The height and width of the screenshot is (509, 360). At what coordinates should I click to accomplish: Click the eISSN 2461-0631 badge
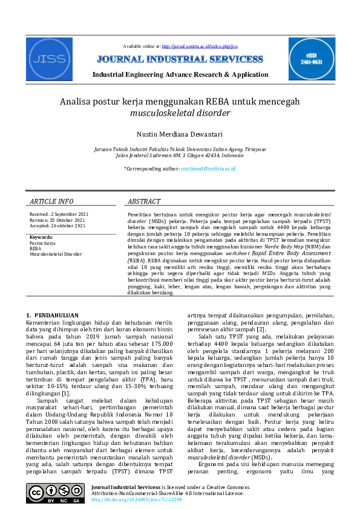[x=311, y=59]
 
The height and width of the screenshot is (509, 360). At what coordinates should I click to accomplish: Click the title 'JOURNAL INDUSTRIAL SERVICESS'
[x=179, y=59]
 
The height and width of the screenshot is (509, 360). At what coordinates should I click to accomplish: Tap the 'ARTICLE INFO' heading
[x=51, y=201]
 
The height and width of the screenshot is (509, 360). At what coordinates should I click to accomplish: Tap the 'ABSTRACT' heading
[x=144, y=201]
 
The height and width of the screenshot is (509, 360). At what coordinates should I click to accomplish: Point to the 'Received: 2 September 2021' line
[x=59, y=215]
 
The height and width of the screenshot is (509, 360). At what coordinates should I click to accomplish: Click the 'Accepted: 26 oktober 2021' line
[x=57, y=225]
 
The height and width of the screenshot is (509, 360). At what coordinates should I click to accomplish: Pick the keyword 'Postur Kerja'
[x=42, y=243]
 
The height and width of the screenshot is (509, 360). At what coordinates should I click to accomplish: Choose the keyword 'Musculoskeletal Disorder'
[x=56, y=254]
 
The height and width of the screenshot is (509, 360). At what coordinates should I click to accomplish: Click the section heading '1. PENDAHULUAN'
[x=53, y=316]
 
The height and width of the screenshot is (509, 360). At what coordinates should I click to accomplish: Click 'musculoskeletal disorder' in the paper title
[x=180, y=112]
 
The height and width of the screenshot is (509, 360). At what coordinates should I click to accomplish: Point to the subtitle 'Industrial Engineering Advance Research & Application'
[x=180, y=74]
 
